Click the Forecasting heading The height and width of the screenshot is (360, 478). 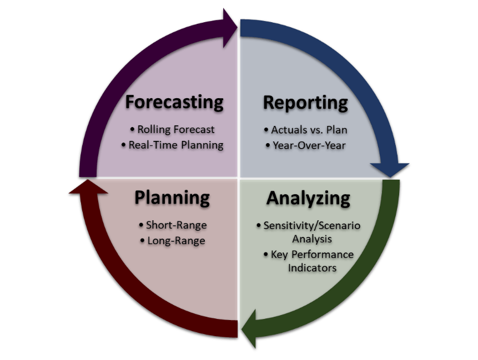click(174, 103)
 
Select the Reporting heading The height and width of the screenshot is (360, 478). click(305, 103)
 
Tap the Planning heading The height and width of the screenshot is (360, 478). click(172, 197)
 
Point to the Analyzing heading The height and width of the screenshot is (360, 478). click(308, 197)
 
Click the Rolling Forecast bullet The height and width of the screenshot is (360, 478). click(172, 129)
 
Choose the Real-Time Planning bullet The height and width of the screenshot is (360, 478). click(172, 145)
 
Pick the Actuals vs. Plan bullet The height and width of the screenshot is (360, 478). click(306, 130)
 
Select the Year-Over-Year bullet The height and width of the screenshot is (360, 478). click(306, 145)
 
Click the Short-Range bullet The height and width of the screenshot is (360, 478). click(172, 225)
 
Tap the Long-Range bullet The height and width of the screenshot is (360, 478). click(172, 241)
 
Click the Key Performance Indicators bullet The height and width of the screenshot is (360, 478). click(309, 261)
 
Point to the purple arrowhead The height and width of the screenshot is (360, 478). click(228, 25)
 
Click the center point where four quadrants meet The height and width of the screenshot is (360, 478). click(239, 179)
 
